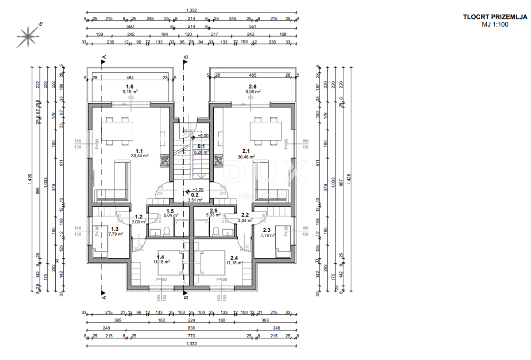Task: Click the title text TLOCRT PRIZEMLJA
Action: (495, 17)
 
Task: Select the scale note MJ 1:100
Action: (495, 25)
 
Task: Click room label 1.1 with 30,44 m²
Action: (139, 152)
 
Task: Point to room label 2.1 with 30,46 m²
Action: (246, 153)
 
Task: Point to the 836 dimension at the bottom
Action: (191, 328)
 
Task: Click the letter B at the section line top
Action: (186, 57)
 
